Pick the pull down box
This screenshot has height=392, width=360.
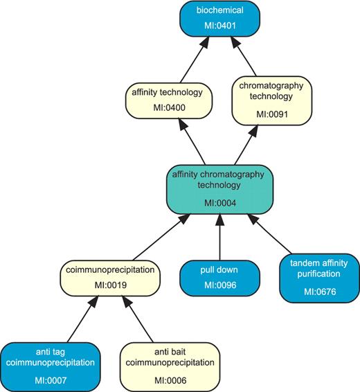pyautogui.click(x=219, y=275)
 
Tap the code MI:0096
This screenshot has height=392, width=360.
pyautogui.click(x=219, y=285)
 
